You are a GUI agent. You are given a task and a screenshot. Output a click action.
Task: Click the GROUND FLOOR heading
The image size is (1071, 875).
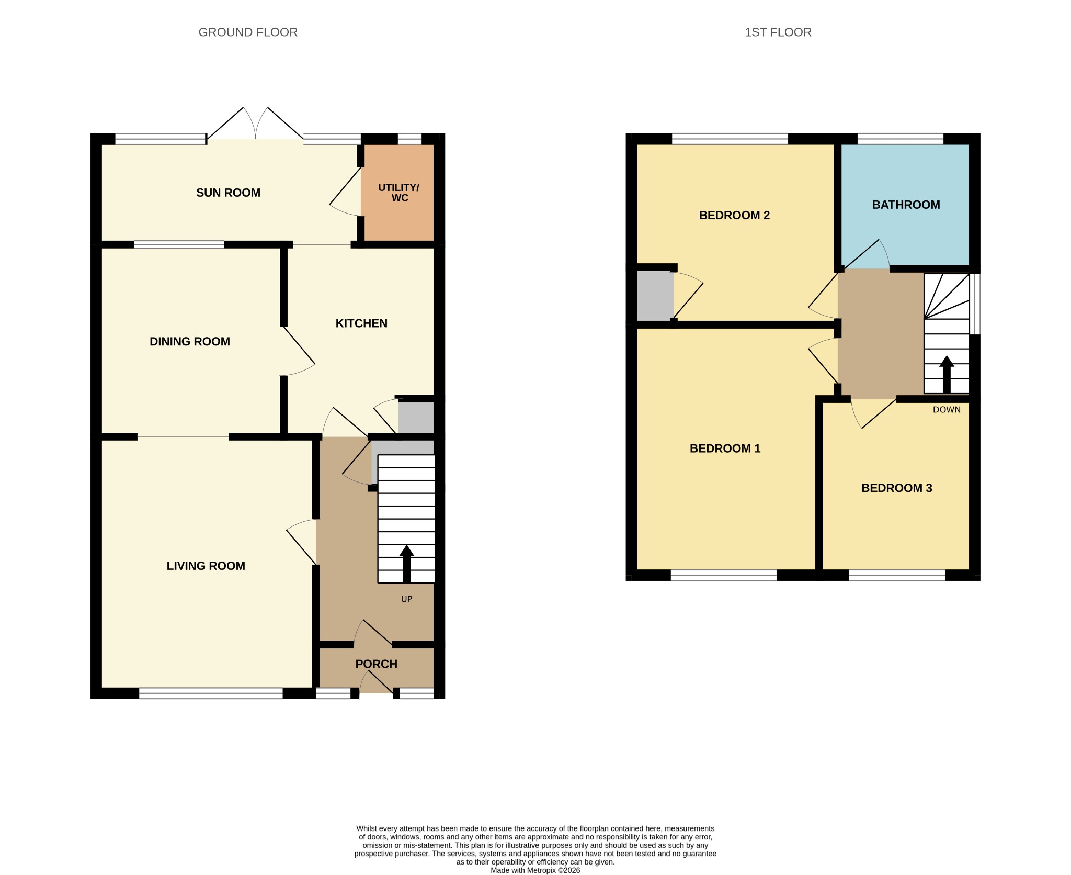point(248,32)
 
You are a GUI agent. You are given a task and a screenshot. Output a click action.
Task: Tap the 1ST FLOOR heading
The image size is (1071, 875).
point(778,32)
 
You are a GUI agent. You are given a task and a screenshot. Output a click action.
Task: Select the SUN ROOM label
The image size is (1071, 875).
point(228,193)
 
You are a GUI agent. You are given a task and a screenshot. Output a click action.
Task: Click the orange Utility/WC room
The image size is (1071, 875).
point(398,193)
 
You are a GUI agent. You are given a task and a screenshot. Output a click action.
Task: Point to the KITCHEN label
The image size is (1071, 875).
point(361,323)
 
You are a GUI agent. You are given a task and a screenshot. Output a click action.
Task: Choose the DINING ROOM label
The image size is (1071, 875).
point(190,342)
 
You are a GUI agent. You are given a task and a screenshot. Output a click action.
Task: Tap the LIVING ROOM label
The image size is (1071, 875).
point(206,566)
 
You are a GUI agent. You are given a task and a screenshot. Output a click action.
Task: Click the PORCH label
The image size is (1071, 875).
point(376,664)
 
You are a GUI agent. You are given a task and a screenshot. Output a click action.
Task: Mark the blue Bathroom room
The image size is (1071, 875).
point(905,205)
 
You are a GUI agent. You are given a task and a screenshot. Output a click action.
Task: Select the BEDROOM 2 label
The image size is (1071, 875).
point(734,215)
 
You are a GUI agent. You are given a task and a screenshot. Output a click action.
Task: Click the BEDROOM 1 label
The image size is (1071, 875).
point(725,448)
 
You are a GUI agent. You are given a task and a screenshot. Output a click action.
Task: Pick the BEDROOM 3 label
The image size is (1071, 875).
point(896,488)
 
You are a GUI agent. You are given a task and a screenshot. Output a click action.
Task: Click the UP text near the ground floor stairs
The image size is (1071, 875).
point(406,599)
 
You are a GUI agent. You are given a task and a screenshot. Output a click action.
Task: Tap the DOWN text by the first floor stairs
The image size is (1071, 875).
point(947,410)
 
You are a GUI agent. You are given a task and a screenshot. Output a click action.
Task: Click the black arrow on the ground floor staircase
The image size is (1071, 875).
point(406,564)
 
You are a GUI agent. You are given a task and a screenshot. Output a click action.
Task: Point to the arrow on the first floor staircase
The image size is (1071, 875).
point(947,375)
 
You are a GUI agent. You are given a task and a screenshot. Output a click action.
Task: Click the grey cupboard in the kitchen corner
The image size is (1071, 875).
point(416,417)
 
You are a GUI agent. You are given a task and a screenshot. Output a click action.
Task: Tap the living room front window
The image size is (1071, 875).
point(211,693)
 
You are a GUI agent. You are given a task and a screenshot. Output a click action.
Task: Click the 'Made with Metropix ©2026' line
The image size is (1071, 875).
point(535,870)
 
